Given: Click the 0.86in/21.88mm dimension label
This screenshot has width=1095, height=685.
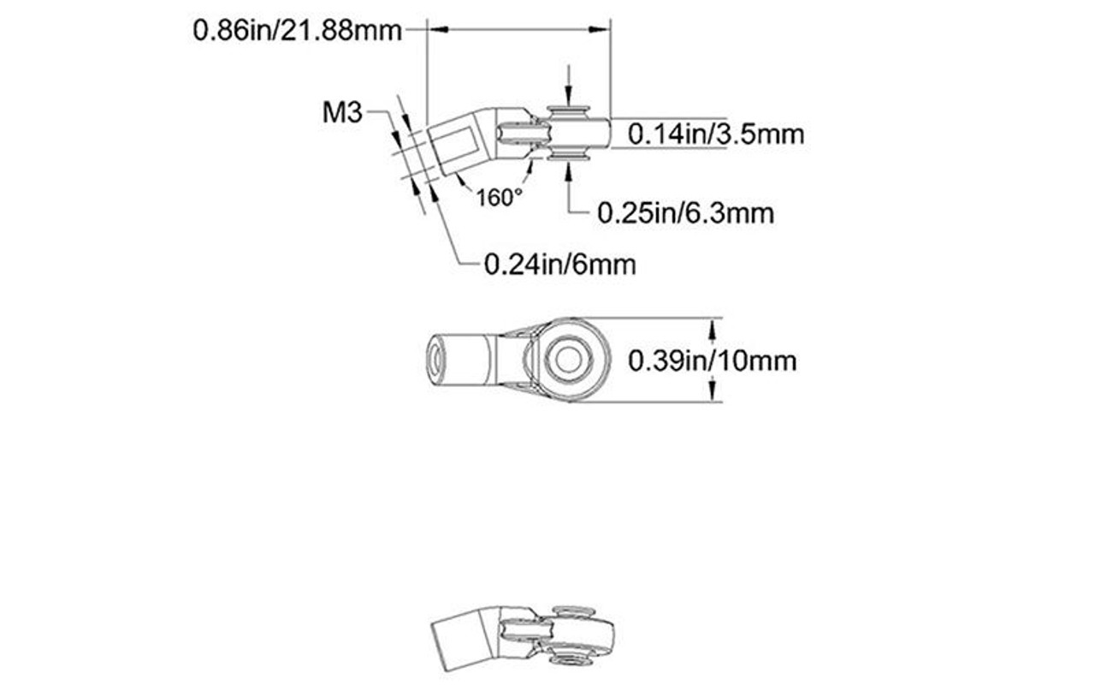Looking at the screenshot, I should [297, 31].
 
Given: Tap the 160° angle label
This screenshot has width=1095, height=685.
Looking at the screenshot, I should [499, 198].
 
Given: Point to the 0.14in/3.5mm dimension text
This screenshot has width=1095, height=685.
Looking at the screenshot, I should [715, 134].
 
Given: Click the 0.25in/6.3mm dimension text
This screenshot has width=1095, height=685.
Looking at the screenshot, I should [685, 212].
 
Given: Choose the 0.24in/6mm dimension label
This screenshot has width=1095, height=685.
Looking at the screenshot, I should [559, 265].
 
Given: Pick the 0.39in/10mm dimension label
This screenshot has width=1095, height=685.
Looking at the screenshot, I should [712, 360].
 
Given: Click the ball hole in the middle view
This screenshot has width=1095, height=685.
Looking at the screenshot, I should [565, 360].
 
